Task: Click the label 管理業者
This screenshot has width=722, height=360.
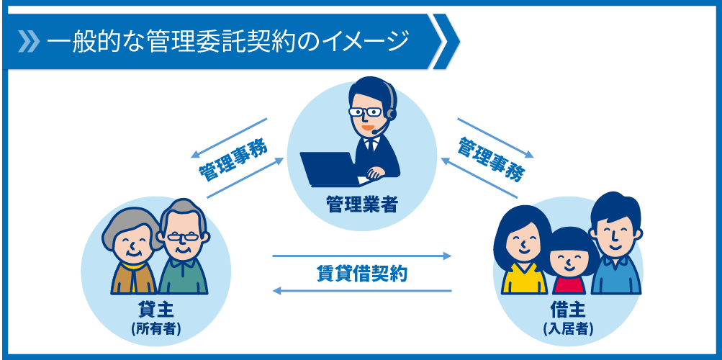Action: tap(361, 204)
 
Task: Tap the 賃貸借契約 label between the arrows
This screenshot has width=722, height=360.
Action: tap(362, 274)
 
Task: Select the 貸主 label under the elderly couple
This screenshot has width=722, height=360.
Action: tap(155, 312)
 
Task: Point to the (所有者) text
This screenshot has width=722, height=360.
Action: tap(155, 329)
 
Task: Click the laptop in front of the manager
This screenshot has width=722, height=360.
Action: tap(330, 169)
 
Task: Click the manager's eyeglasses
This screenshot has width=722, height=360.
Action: tap(365, 112)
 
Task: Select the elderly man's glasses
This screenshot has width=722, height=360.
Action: tap(184, 237)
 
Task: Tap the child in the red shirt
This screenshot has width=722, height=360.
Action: tap(569, 262)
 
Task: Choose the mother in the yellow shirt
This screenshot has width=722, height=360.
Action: tap(522, 250)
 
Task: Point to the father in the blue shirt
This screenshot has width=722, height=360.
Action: tap(615, 243)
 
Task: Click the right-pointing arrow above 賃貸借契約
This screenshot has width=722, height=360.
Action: tap(362, 256)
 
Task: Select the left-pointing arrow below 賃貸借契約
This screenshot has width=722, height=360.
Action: tap(362, 291)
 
